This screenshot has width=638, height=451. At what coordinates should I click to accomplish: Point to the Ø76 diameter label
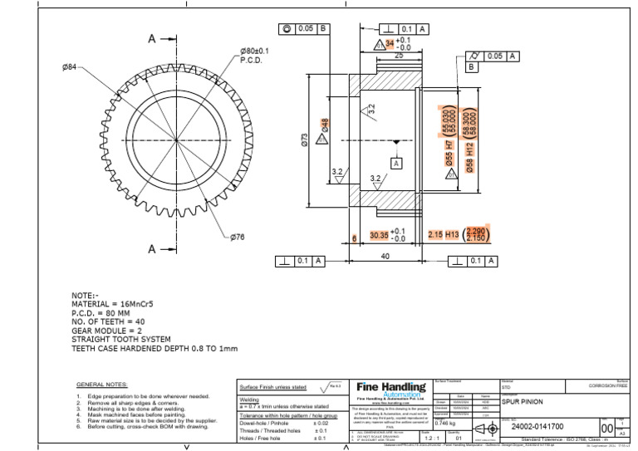coord(238,237)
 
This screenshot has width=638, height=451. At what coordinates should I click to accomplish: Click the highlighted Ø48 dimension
coord(325,127)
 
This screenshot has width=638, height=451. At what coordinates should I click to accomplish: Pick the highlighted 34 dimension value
coord(390,42)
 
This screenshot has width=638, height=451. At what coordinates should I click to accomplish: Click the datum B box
coord(470,66)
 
